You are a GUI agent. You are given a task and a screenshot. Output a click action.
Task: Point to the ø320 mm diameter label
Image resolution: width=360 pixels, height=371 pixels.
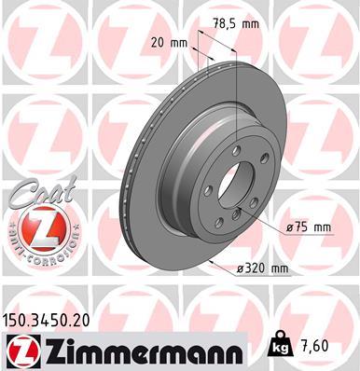264,268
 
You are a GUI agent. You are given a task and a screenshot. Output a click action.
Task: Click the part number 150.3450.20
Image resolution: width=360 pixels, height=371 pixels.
54,320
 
